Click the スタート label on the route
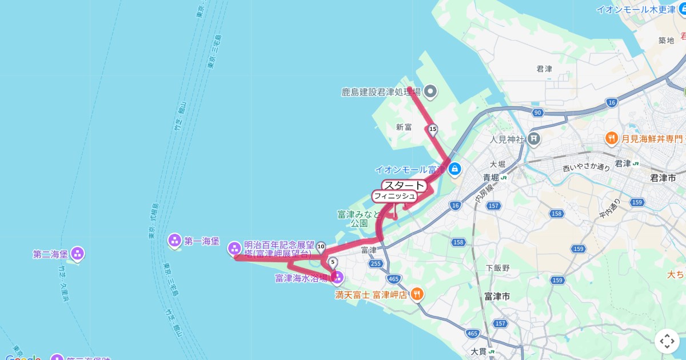pyautogui.click(x=404, y=185)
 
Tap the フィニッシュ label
pyautogui.click(x=394, y=196)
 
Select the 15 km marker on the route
pyautogui.click(x=433, y=130)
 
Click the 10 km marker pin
pyautogui.click(x=321, y=247)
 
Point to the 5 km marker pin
pyautogui.click(x=333, y=263)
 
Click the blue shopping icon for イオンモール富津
pyautogui.click(x=455, y=169)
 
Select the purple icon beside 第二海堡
pyautogui.click(x=78, y=253)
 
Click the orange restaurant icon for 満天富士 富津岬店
pyautogui.click(x=418, y=294)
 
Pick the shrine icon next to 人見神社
pyautogui.click(x=534, y=138)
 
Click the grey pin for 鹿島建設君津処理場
pyautogui.click(x=430, y=91)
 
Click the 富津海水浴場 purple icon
pyautogui.click(x=337, y=278)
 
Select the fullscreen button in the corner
pyautogui.click(x=667, y=341)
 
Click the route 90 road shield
pyautogui.click(x=537, y=113)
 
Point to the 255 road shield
pyautogui.click(x=375, y=263)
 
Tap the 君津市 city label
pyautogui.click(x=663, y=178)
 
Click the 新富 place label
pyautogui.click(x=404, y=127)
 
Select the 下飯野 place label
pyautogui.click(x=497, y=267)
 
